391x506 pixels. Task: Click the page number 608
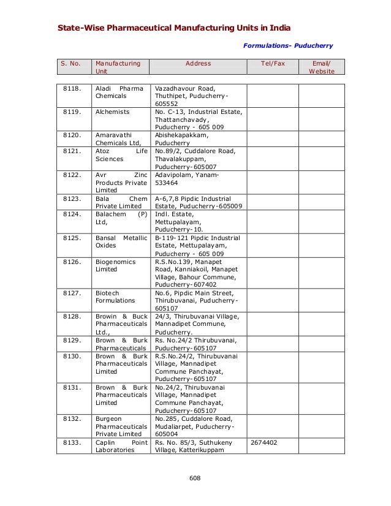pos(195,478)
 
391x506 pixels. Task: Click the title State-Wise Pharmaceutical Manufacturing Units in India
pos(174,28)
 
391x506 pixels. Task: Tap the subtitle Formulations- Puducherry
pos(288,45)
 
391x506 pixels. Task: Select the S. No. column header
pos(72,63)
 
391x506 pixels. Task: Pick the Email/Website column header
pos(321,67)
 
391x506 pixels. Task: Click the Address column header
pos(198,63)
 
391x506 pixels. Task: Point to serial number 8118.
pos(72,88)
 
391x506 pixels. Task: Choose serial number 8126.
pos(72,261)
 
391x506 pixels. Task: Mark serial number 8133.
pos(72,441)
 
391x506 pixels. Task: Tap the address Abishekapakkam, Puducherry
pos(182,138)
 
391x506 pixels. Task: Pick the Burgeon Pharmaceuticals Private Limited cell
pos(120,426)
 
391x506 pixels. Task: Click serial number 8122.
pos(72,175)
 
